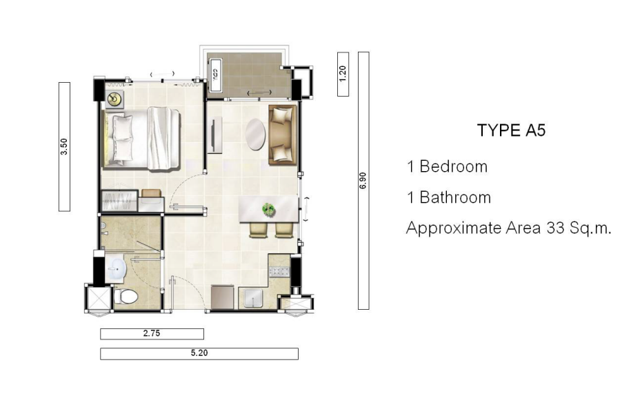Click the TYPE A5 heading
tap(511, 130)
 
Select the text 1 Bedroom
tap(447, 167)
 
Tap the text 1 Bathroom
tap(449, 197)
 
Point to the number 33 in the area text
tap(555, 228)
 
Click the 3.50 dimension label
tap(64, 146)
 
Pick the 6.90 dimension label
tap(363, 181)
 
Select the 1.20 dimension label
tap(343, 74)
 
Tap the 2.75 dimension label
tap(152, 333)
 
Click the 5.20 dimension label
tap(199, 353)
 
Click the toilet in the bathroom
tap(126, 297)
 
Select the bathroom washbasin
tap(117, 268)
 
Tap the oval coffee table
tap(256, 134)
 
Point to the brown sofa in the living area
tap(283, 135)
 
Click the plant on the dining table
tap(268, 209)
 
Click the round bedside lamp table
tap(115, 99)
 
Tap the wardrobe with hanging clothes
tap(119, 201)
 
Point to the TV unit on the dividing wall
tap(214, 135)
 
